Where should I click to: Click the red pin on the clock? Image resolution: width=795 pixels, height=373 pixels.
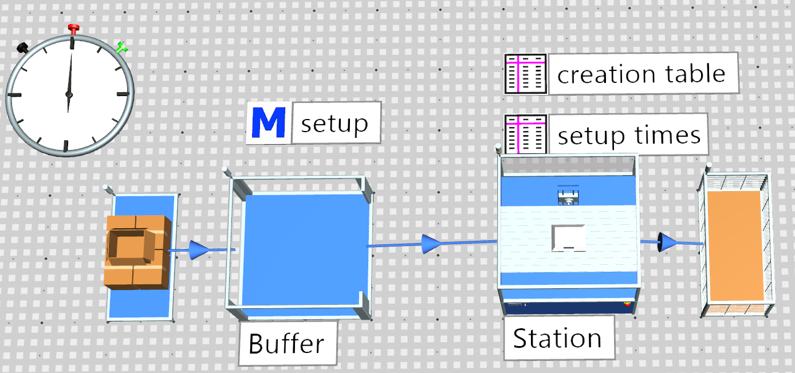73,29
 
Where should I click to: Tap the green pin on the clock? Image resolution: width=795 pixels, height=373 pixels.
121,47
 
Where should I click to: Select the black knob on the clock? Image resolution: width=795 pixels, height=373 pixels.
23,48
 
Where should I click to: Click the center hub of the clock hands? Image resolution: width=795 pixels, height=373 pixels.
69,94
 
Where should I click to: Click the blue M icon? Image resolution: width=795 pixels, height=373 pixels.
269,122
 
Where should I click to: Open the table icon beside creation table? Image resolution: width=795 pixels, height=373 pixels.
526,74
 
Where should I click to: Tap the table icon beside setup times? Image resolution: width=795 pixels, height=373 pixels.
526,134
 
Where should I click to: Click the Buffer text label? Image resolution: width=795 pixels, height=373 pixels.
287,343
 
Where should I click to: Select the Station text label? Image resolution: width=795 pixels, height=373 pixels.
558,338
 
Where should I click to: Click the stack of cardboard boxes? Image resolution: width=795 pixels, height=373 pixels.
137,252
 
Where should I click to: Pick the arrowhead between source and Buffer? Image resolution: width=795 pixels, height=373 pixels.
199,249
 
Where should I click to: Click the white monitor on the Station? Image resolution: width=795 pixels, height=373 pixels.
568,238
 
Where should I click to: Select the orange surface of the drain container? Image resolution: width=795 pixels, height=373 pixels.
735,246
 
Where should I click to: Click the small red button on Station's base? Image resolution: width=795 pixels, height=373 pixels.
628,304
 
